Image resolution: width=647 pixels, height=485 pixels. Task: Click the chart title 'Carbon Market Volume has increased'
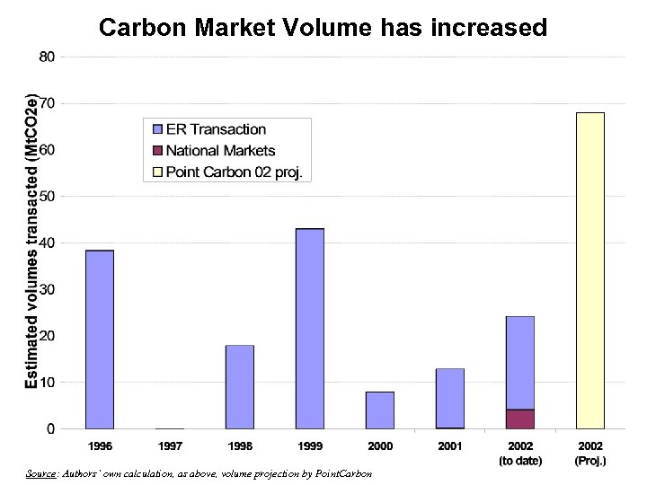click(323, 28)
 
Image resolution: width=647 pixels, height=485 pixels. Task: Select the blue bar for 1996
click(100, 339)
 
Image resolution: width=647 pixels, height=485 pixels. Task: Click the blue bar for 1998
click(240, 386)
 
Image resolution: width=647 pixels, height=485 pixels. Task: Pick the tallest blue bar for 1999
click(310, 329)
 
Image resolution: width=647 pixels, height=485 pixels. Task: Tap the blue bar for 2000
click(380, 410)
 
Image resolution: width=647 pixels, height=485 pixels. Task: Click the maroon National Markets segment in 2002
click(520, 419)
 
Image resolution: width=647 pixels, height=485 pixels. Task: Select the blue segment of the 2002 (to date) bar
click(520, 363)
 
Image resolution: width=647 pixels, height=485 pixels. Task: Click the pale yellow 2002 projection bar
click(590, 270)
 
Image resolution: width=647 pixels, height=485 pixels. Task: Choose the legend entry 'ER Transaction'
click(216, 130)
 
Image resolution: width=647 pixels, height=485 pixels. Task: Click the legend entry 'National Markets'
click(220, 151)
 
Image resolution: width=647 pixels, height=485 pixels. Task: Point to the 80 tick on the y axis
click(47, 57)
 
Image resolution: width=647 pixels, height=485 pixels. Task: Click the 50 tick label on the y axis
click(47, 196)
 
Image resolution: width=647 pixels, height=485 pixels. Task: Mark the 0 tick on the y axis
click(51, 429)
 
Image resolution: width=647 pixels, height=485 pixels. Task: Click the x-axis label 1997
click(170, 446)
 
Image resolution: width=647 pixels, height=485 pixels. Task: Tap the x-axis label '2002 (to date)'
click(520, 454)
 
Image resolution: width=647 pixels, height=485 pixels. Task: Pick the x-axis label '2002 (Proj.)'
click(590, 454)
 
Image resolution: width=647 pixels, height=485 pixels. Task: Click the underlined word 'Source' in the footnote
click(40, 473)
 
